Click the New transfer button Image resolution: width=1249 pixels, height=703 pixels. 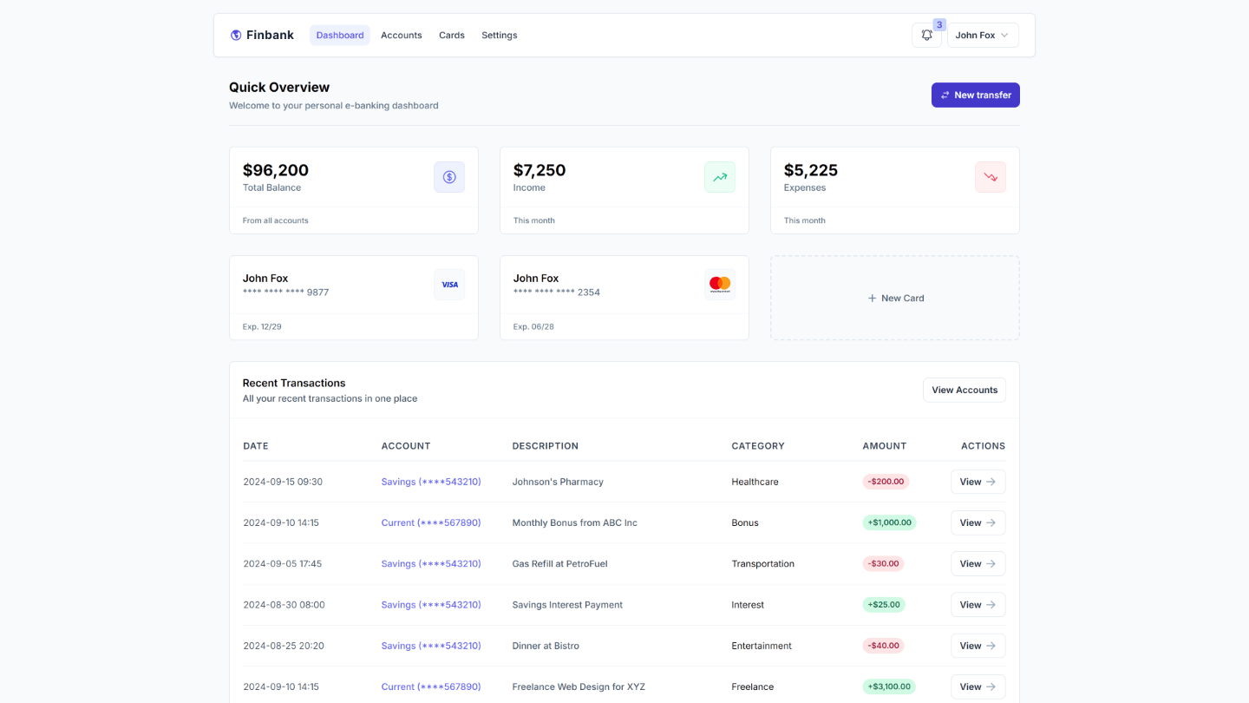[975, 95]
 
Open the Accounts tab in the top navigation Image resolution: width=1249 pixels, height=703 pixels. [401, 36]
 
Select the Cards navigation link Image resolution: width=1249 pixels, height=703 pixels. [452, 36]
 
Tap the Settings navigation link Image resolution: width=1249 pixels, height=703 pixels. [499, 36]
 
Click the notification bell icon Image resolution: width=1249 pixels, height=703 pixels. [926, 36]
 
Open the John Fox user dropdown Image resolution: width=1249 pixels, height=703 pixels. [982, 36]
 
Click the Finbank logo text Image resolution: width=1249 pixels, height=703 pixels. [269, 36]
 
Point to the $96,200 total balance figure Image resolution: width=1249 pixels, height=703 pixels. [276, 170]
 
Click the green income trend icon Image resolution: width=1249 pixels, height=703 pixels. [719, 177]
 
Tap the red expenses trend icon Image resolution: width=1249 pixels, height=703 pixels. [990, 177]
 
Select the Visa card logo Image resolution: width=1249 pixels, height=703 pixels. [449, 285]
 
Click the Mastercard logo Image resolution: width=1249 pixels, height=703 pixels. [719, 285]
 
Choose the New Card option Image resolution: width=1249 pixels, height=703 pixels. [895, 298]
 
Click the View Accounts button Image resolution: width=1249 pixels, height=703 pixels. [964, 390]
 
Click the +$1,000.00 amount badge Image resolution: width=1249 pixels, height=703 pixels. [889, 522]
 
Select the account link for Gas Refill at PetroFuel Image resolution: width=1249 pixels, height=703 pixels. [431, 563]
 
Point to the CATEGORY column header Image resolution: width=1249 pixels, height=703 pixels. [757, 446]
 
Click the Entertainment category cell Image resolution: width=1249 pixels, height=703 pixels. [761, 646]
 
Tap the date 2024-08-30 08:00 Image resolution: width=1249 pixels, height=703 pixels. [282, 605]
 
